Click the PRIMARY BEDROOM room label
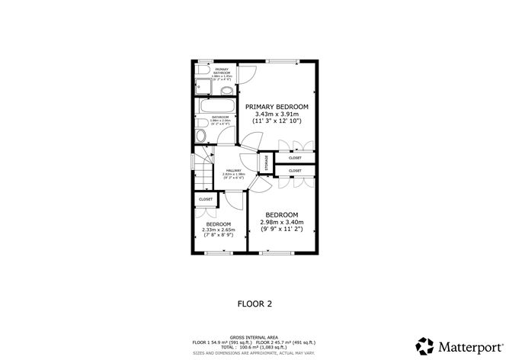[277, 106]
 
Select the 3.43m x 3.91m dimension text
[277, 114]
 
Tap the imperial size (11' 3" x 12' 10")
[277, 121]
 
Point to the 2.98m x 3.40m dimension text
[281, 222]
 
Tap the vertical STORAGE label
[266, 162]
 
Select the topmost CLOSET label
[294, 158]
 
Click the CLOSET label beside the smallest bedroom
[205, 199]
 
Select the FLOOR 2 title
[255, 303]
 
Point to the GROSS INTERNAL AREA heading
[254, 336]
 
